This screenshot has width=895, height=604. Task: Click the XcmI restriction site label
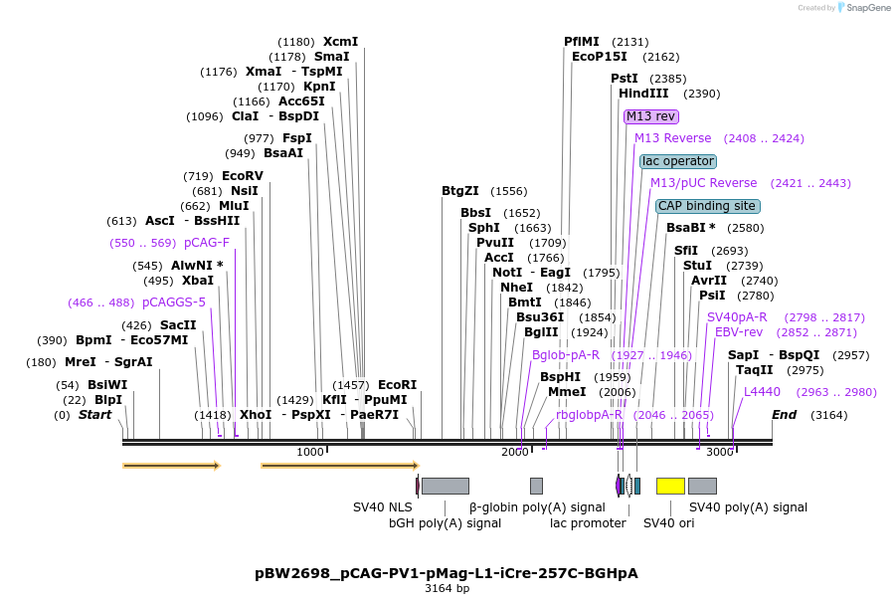click(x=340, y=42)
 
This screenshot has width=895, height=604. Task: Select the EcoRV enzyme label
click(x=243, y=176)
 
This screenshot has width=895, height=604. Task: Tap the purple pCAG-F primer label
click(x=207, y=243)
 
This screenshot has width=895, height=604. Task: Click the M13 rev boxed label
click(x=651, y=116)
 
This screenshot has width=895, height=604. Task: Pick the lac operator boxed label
click(x=678, y=161)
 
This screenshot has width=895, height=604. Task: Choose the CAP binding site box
click(x=707, y=206)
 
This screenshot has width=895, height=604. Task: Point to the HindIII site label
click(x=643, y=94)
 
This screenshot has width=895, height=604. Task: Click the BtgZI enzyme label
click(x=460, y=191)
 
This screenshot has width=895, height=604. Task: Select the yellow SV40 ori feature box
click(x=670, y=486)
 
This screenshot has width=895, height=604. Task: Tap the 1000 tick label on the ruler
click(x=310, y=453)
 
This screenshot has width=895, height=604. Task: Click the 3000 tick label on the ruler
click(x=719, y=453)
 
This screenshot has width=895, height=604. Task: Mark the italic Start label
click(x=95, y=415)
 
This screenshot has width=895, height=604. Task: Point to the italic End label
click(x=785, y=415)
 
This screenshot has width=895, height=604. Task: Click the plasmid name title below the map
click(x=447, y=573)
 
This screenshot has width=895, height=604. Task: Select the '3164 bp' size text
click(x=447, y=588)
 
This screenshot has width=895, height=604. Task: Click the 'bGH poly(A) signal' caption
click(x=445, y=523)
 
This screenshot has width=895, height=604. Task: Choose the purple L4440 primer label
click(x=763, y=392)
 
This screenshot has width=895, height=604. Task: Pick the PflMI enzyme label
click(x=582, y=42)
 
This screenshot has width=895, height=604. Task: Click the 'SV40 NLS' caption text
click(x=383, y=507)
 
